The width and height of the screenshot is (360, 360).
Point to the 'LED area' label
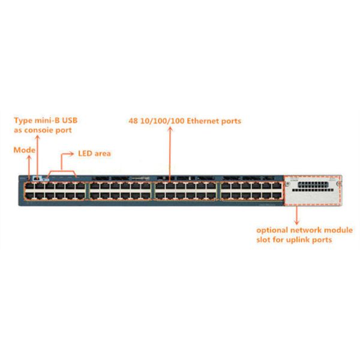pos(94,154)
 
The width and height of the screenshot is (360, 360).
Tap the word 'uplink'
pos(302,240)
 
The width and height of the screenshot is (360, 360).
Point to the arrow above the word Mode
pos(29,164)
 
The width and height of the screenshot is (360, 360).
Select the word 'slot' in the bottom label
pos(265,240)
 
